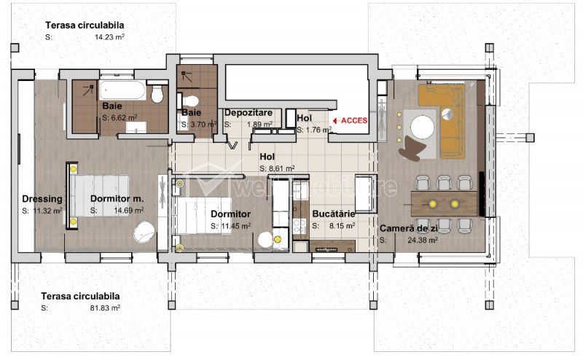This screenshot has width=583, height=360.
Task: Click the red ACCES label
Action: [354, 120]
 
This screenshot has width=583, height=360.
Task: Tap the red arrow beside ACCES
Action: [336, 121]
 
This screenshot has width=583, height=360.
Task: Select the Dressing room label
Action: [42, 199]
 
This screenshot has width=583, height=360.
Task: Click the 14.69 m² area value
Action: [129, 211]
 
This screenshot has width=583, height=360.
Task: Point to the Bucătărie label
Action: [334, 214]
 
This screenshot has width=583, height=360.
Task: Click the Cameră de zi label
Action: [409, 228]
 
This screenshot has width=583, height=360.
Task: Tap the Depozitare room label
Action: [249, 112]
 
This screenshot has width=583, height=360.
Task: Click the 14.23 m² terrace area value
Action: [109, 37]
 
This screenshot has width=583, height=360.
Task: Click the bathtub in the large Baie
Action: [122, 90]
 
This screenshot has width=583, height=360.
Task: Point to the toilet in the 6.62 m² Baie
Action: [157, 92]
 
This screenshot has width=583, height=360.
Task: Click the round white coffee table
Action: [423, 128]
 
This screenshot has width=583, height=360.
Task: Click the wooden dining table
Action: [444, 203]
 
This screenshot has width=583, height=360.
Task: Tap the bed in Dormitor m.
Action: [100, 195]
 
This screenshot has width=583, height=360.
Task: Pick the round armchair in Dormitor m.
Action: [144, 232]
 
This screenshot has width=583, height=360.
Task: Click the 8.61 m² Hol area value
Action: [278, 168]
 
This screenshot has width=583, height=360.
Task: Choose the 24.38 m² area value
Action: [423, 240]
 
